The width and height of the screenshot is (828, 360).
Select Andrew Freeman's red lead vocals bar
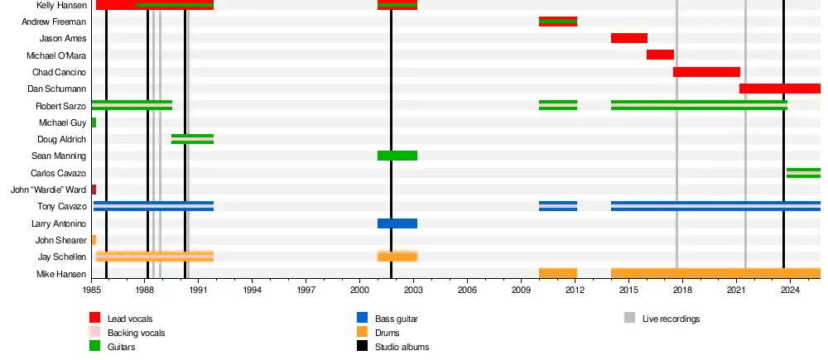(x=557, y=22)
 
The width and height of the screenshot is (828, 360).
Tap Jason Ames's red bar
(x=628, y=38)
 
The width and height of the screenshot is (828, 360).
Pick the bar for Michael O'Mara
(x=660, y=55)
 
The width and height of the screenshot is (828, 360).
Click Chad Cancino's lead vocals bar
(x=706, y=72)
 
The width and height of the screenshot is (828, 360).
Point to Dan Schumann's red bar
(x=779, y=89)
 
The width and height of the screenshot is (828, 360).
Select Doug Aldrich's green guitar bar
(x=192, y=139)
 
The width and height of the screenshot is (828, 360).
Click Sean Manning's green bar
(x=397, y=156)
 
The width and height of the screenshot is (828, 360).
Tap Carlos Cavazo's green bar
(x=803, y=173)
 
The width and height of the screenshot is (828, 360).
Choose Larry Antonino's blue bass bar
(x=397, y=223)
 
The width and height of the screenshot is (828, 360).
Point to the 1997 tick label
(x=306, y=290)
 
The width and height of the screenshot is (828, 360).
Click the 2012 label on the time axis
(x=575, y=290)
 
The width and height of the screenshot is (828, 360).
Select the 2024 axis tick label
(x=790, y=290)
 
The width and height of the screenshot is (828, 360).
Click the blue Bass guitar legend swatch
(x=362, y=318)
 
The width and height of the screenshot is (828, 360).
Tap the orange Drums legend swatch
(x=362, y=333)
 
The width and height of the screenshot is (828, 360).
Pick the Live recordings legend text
(x=671, y=319)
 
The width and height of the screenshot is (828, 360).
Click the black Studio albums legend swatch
(x=362, y=347)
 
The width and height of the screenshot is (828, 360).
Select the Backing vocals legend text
(x=136, y=333)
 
